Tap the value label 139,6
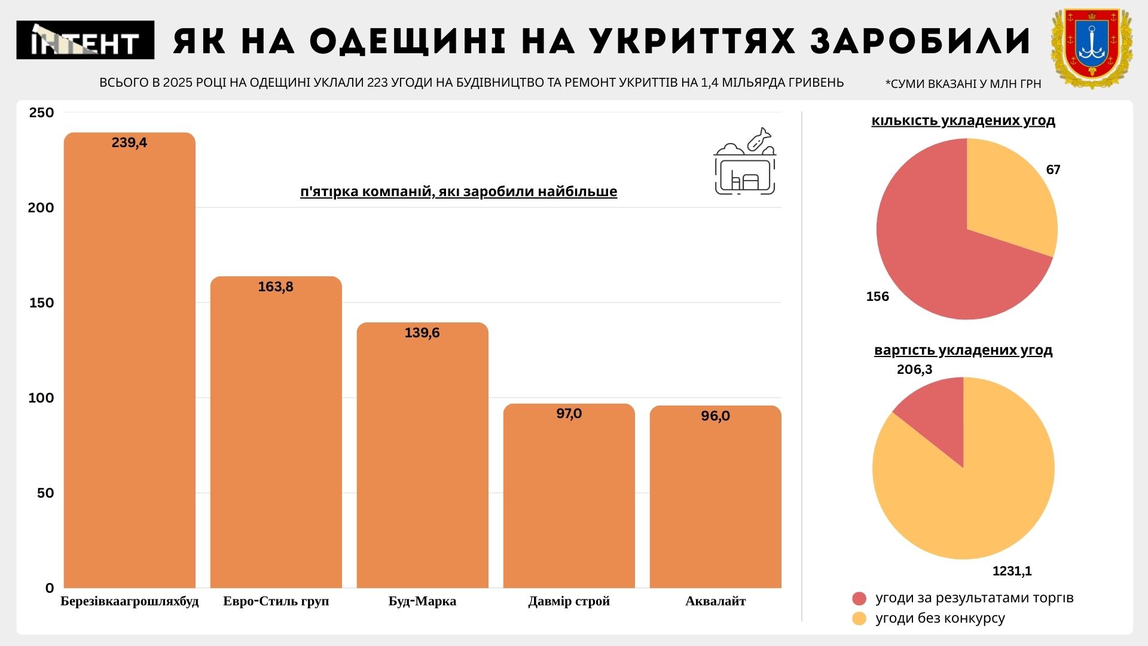(422, 333)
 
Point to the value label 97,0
(569, 414)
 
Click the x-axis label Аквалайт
(715, 601)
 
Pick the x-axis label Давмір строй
(569, 601)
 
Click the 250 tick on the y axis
(41, 112)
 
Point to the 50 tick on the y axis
(45, 493)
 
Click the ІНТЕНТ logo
(85, 40)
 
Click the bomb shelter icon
(744, 162)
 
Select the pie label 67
(1053, 170)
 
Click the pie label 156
(877, 297)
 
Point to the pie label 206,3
(914, 370)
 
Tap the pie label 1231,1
(1012, 571)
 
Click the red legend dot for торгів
(859, 599)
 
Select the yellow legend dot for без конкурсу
(859, 618)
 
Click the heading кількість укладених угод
(963, 121)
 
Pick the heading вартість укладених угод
(963, 351)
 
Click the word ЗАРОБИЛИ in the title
(921, 41)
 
